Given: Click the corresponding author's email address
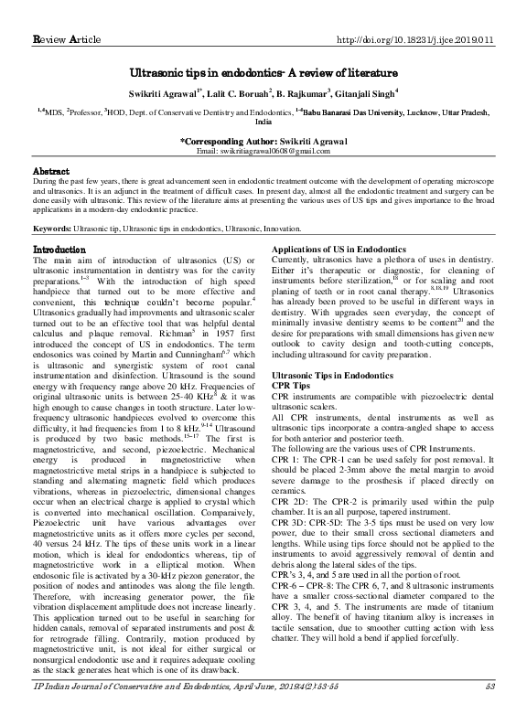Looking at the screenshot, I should [x=263, y=151].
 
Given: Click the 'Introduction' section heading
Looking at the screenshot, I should [x=59, y=249].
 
